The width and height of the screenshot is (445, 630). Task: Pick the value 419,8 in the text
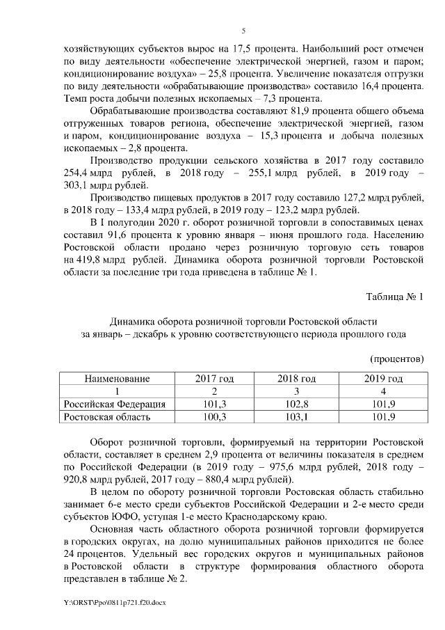coord(85,260)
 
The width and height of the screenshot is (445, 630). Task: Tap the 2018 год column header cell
coord(297,379)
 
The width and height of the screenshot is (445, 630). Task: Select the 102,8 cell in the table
coord(297,404)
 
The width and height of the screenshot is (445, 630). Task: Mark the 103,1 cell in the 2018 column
coord(297,416)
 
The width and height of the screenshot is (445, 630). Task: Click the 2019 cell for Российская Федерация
coord(383,404)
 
